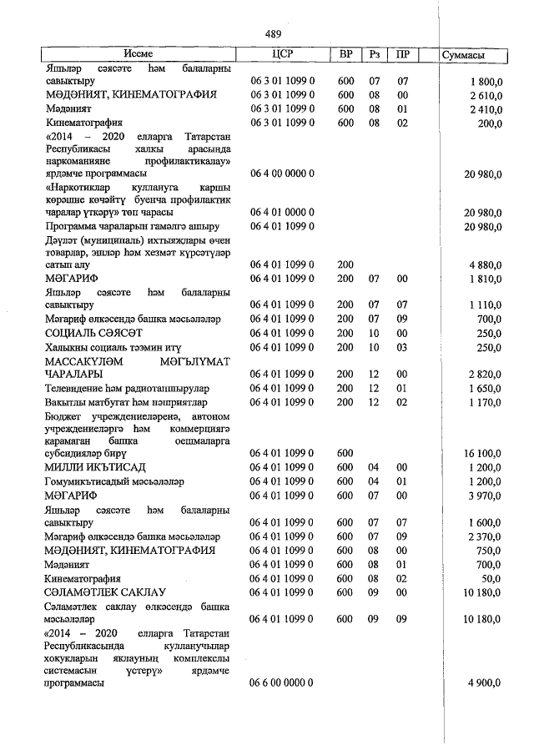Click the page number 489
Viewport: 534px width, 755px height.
coord(272,34)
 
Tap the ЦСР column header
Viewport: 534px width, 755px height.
coord(283,54)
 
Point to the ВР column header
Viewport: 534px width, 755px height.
coord(345,54)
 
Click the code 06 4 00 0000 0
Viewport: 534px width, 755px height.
coord(282,173)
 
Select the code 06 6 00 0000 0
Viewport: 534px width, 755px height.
coord(282,682)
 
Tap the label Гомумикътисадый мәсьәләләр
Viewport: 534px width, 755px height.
coord(114,481)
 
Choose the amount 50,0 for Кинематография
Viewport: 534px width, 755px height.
coord(490,578)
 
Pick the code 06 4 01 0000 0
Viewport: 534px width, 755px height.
coord(282,213)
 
